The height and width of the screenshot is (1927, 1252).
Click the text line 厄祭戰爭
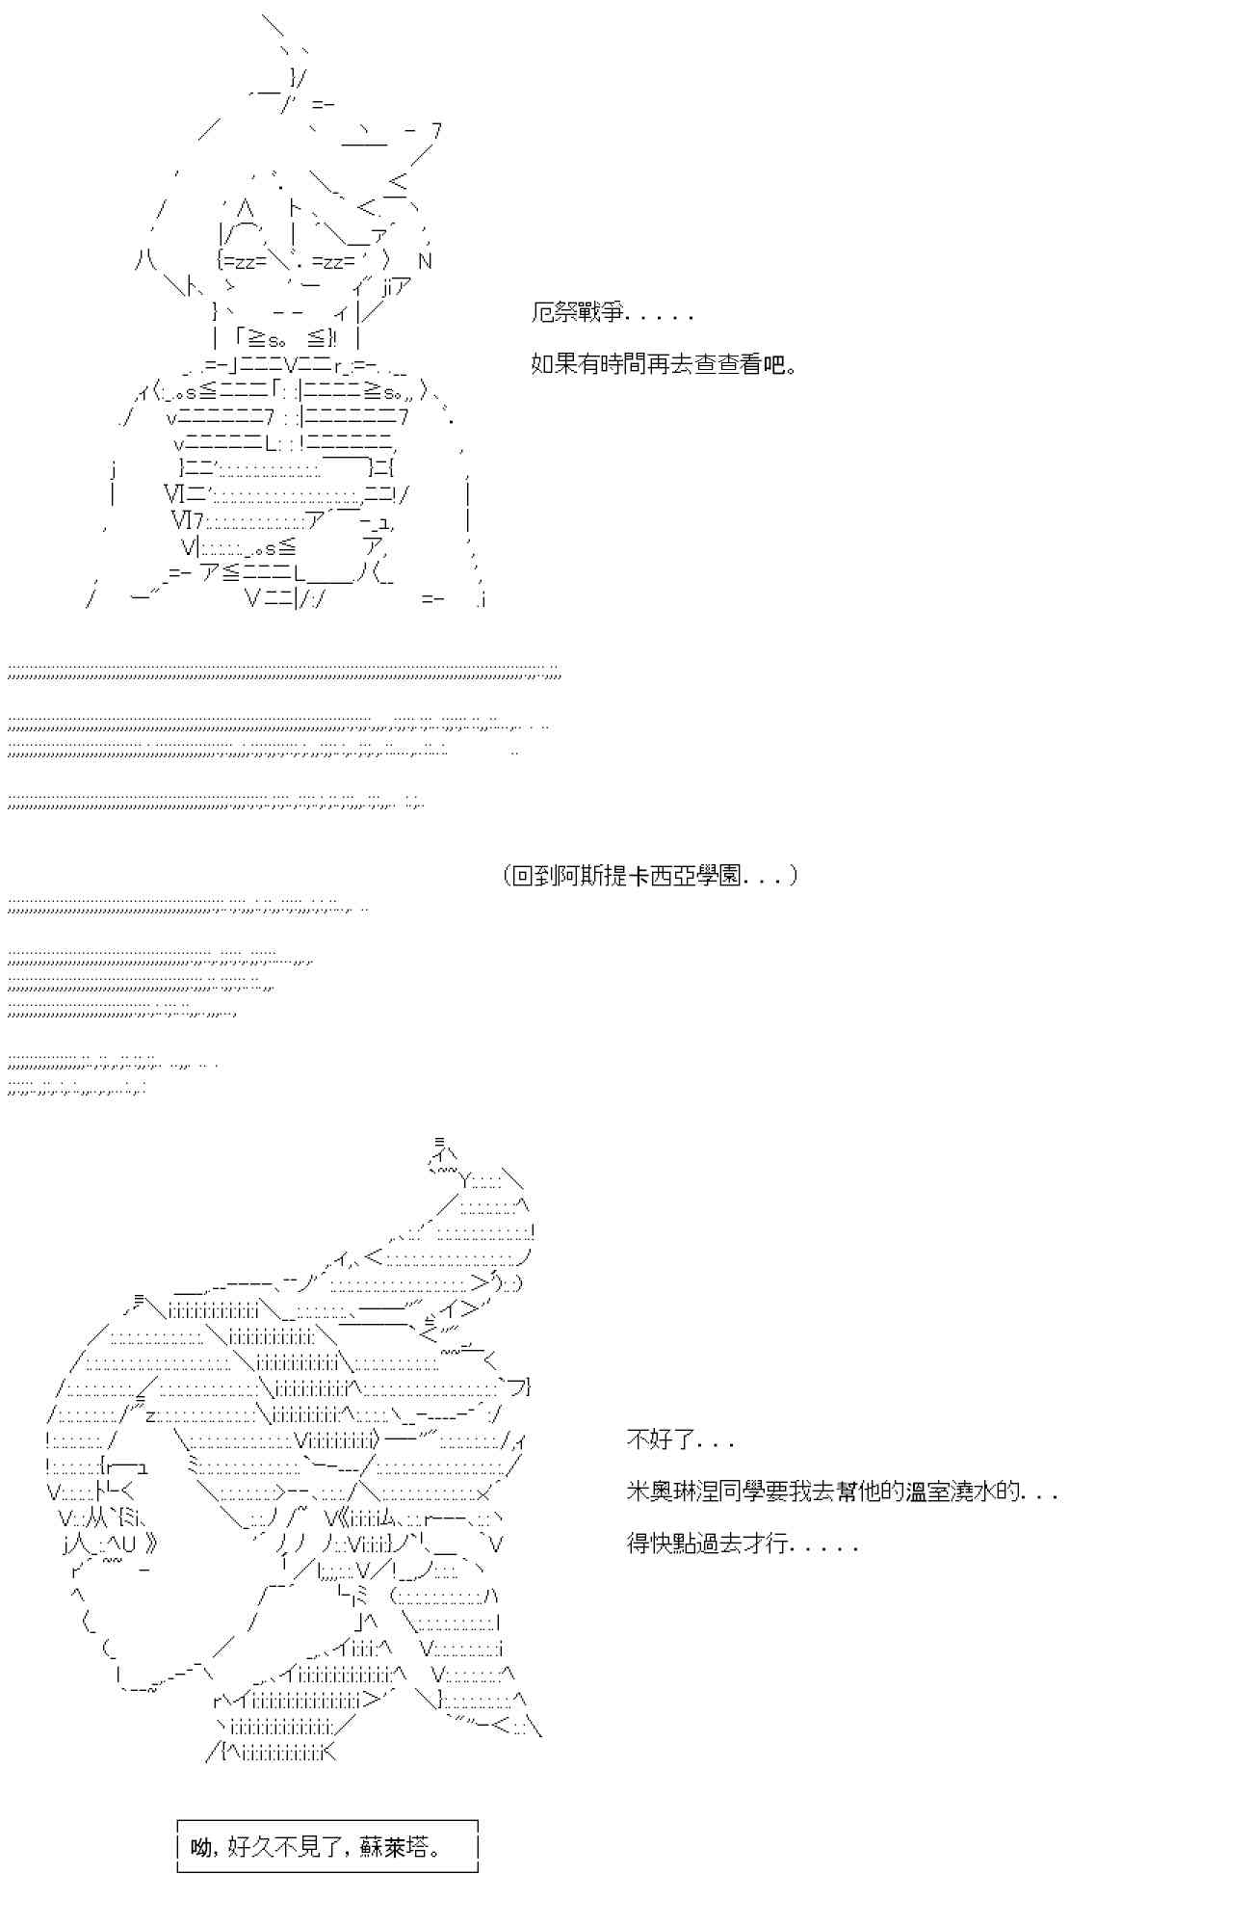611,313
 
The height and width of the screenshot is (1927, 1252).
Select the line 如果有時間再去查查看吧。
664,365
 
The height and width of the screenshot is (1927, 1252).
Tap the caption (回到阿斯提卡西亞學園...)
650,876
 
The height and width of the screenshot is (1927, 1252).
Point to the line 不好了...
680,1440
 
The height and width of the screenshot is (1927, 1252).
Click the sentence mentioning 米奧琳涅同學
842,1491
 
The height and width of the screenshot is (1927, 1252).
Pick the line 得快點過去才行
742,1544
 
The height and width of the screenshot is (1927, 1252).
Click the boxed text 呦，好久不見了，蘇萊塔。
326,1847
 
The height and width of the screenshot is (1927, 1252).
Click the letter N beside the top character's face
425,261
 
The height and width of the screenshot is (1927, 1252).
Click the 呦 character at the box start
201,1847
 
